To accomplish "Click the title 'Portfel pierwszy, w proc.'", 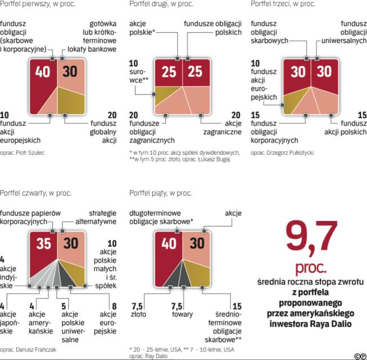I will (x=38, y=4).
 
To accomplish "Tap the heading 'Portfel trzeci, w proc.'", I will (x=283, y=4).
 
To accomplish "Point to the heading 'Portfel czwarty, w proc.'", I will (x=35, y=193).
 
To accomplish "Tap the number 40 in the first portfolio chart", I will (x=43, y=73).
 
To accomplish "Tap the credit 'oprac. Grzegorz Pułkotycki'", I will (x=282, y=152).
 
